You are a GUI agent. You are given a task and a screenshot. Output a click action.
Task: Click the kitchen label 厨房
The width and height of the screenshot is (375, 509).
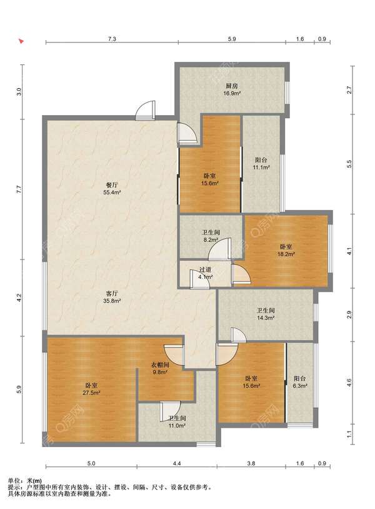[x=232, y=86]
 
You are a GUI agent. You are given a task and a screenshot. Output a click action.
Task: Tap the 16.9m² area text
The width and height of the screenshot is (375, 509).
[x=232, y=94]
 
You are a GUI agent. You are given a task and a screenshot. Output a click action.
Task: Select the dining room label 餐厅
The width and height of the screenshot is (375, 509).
[x=112, y=185]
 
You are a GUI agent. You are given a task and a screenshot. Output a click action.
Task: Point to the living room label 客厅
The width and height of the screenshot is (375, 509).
[x=112, y=293]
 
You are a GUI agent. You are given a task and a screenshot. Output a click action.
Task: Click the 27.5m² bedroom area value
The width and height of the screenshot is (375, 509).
[x=91, y=393]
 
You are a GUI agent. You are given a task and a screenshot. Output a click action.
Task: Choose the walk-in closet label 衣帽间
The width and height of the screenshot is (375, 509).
[x=160, y=365]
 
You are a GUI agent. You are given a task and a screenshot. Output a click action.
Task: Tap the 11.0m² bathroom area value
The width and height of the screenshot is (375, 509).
[x=176, y=426]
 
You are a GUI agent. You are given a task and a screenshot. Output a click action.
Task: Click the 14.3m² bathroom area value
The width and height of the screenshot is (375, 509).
[x=266, y=318]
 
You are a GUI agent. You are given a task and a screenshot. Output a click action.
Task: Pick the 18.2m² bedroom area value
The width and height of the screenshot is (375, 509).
[x=286, y=254]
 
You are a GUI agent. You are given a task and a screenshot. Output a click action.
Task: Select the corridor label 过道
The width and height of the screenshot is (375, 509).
[x=206, y=270]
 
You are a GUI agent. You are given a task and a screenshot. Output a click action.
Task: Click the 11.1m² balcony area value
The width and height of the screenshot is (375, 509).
[x=261, y=168]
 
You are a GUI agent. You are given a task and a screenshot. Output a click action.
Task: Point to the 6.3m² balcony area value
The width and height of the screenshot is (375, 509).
[x=300, y=386]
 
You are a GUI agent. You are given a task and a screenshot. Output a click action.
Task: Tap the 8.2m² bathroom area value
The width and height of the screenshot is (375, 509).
[x=211, y=240]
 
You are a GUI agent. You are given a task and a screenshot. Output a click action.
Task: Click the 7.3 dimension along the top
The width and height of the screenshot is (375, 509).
[x=112, y=39]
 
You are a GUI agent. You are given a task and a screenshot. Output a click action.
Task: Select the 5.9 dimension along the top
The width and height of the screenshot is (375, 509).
[x=232, y=39]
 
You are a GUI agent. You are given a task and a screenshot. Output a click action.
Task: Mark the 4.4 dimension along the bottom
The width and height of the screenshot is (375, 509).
[x=176, y=463]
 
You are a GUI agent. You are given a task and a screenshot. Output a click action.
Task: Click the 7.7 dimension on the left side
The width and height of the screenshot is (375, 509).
[x=19, y=189]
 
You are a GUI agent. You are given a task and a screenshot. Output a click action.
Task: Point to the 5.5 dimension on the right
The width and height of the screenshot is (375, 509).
[x=349, y=164]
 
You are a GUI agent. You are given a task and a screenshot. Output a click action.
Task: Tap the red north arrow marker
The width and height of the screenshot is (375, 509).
[x=21, y=41]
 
